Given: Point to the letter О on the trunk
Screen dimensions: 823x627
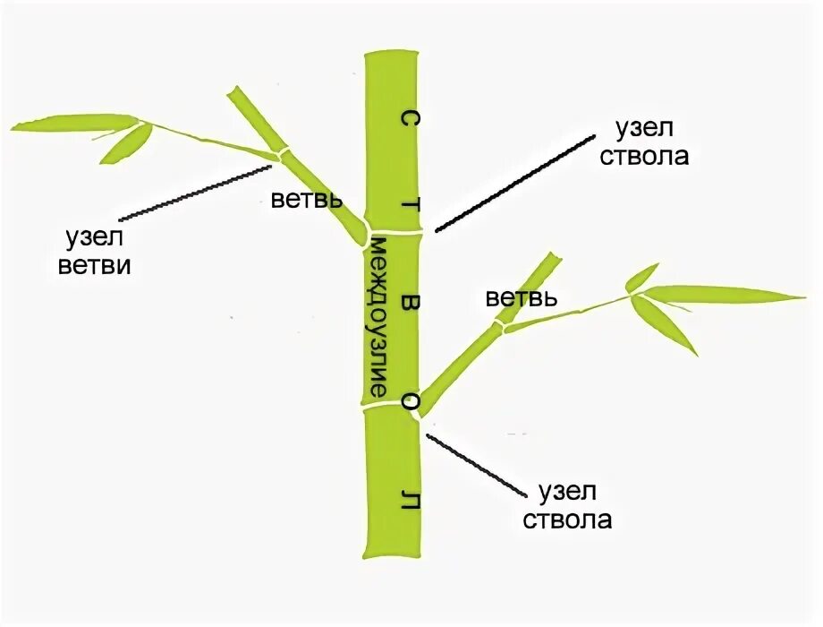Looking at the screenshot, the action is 409,402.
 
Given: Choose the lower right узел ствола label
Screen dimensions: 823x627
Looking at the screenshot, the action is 573,505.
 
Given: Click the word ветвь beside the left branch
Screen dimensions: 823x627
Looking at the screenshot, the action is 305,199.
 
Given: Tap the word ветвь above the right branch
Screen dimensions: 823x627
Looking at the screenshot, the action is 522,297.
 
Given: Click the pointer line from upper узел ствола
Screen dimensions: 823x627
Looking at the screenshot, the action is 514,184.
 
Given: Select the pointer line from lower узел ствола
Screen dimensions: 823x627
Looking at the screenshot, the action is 474,464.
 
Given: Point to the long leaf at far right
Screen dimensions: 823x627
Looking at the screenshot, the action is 725,293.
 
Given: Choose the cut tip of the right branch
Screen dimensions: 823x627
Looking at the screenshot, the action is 551,259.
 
